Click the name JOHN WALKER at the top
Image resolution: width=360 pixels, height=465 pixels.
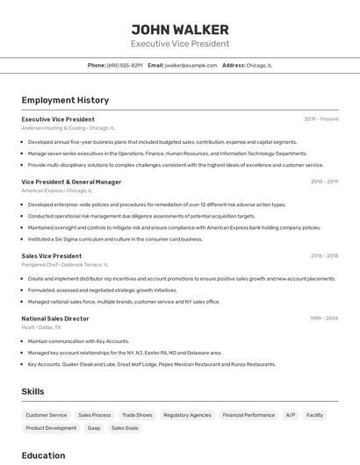tap(180, 29)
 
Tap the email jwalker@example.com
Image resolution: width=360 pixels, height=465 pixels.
tap(191, 65)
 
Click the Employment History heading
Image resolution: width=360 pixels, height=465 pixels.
tap(65, 100)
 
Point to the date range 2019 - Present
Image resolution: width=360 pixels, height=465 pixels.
tap(321, 118)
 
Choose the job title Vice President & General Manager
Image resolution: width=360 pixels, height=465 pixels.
tap(71, 182)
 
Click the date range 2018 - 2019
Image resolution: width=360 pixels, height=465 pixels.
tap(324, 182)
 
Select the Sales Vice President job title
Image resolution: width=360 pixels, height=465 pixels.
tap(51, 256)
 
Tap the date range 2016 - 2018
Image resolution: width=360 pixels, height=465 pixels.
tap(324, 256)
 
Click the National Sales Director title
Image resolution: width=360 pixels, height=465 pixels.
tap(55, 318)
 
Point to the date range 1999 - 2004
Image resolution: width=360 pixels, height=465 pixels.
tap(324, 318)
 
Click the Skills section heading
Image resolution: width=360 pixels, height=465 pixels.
tap(33, 391)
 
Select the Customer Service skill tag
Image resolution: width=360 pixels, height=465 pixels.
tap(46, 415)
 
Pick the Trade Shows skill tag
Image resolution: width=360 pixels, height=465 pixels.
tap(137, 415)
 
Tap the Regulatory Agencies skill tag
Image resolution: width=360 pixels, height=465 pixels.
tap(187, 415)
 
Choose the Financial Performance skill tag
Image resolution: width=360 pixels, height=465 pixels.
tap(248, 415)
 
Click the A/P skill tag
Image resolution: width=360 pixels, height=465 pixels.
tap(291, 415)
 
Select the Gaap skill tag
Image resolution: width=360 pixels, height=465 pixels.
tap(93, 428)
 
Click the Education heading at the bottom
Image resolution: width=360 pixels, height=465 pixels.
tap(43, 455)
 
